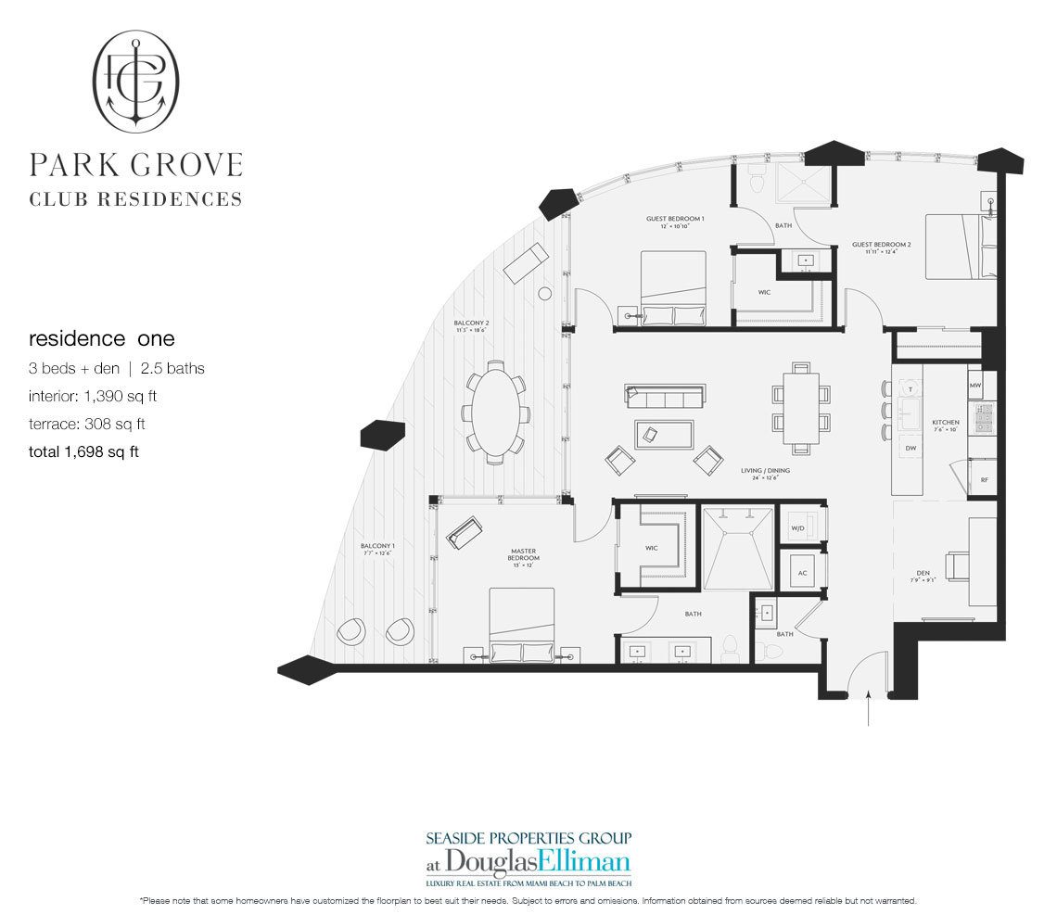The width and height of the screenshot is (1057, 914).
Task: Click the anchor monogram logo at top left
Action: [x=136, y=81]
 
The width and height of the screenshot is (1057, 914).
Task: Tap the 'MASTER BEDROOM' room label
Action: [x=523, y=555]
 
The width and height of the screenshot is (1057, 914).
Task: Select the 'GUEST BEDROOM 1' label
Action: [x=675, y=222]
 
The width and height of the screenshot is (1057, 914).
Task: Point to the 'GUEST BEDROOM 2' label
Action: [x=881, y=248]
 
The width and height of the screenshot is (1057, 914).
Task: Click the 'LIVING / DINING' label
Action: [x=765, y=473]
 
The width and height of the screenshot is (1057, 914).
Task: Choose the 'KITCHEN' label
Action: [x=946, y=425]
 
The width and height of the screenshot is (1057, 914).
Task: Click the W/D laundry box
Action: [x=797, y=528]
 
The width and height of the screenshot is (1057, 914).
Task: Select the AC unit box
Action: [x=801, y=572]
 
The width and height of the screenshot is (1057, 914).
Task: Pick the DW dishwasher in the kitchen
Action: [x=910, y=448]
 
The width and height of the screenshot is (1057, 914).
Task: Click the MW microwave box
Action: [x=974, y=384]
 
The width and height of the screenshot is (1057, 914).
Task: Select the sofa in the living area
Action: [x=662, y=398]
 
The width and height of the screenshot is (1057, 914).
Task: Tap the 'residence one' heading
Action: [x=101, y=339]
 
